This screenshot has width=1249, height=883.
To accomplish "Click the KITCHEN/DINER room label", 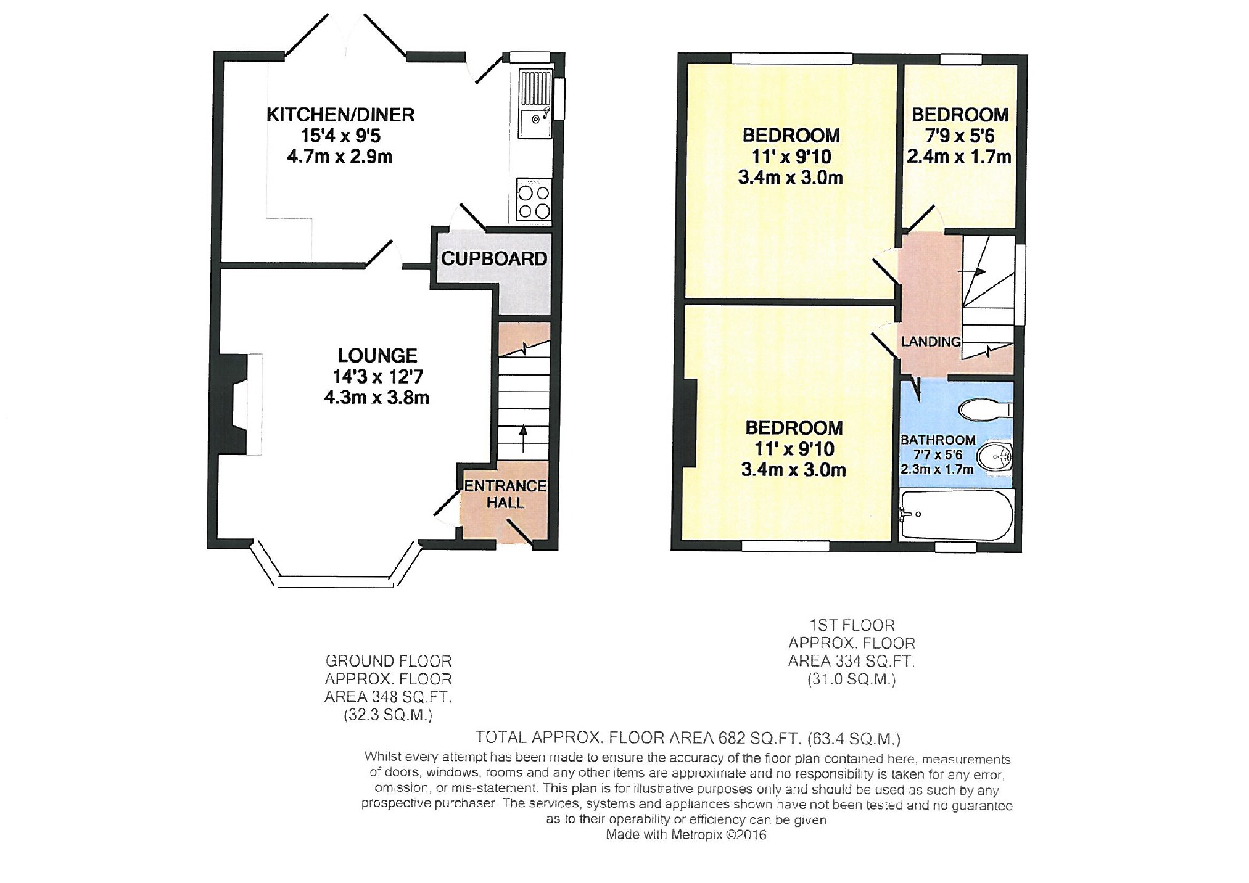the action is pyautogui.click(x=340, y=115).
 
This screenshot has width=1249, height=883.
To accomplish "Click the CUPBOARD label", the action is pyautogui.click(x=494, y=258).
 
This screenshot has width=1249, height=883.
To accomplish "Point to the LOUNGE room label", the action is pyautogui.click(x=377, y=355).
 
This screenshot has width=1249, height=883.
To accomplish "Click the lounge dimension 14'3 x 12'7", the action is pyautogui.click(x=377, y=376).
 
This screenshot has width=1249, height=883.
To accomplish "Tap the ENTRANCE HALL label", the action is pyautogui.click(x=505, y=494).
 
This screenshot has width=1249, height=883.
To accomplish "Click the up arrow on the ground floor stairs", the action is pyautogui.click(x=524, y=438).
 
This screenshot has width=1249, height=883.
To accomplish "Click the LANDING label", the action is pyautogui.click(x=931, y=342).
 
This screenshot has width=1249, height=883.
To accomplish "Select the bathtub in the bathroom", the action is pyautogui.click(x=956, y=515).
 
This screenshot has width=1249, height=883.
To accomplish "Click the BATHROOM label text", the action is pyautogui.click(x=938, y=440).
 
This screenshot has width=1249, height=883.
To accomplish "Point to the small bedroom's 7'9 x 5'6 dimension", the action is pyautogui.click(x=960, y=136).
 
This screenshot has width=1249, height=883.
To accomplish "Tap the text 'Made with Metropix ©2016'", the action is pyautogui.click(x=686, y=835).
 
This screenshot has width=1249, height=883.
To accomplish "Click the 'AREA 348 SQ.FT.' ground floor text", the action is pyautogui.click(x=389, y=697).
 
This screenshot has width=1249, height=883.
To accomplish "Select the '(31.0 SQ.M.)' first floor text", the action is pyautogui.click(x=852, y=680).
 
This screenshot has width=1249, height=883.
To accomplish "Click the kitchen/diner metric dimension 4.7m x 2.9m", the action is pyautogui.click(x=340, y=157).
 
